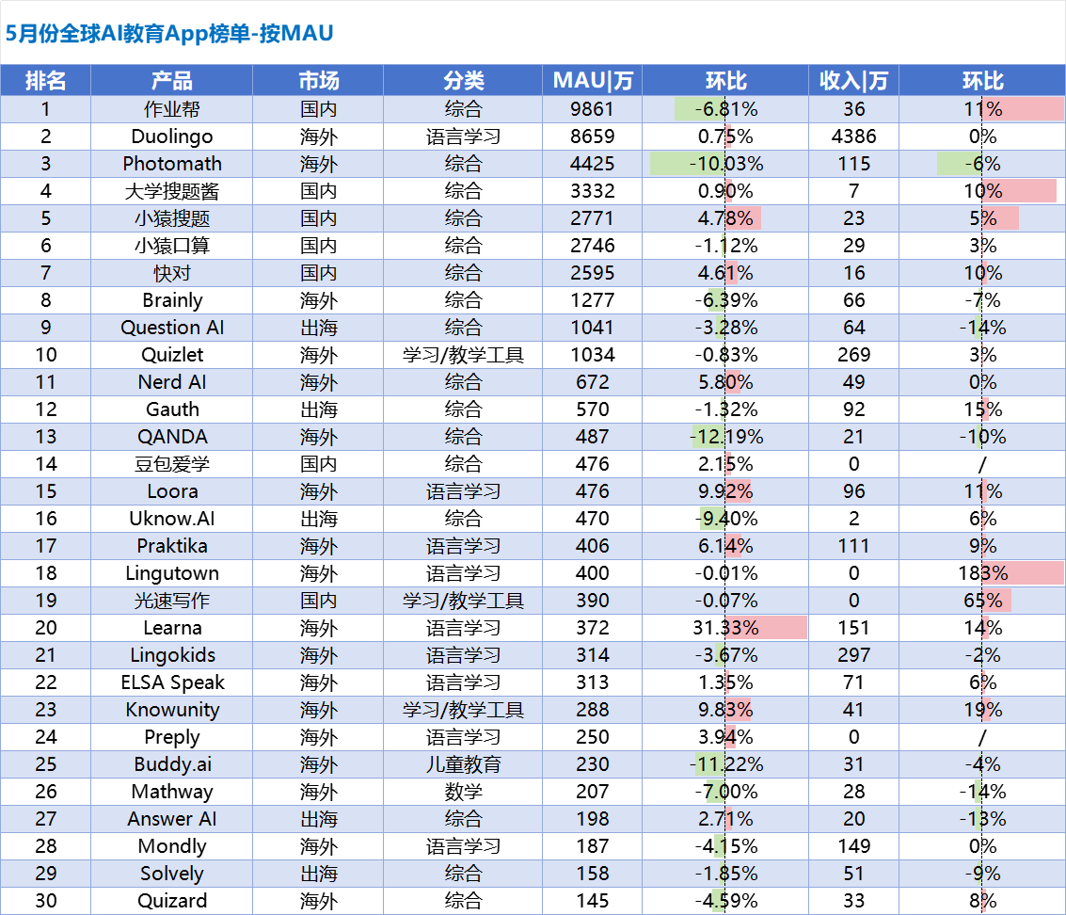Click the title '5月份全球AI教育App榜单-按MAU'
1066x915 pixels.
(x=169, y=34)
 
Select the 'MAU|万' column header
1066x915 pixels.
(x=592, y=81)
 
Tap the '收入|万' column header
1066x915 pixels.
(x=853, y=81)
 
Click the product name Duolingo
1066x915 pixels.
(x=172, y=136)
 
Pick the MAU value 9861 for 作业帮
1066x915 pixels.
(x=592, y=109)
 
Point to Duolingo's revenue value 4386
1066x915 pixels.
(x=853, y=136)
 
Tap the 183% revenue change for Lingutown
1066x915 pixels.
(x=982, y=573)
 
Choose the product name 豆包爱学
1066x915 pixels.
(x=172, y=464)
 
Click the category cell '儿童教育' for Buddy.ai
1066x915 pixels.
(x=463, y=764)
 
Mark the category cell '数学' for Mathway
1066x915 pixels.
(x=463, y=792)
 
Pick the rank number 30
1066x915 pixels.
(x=45, y=901)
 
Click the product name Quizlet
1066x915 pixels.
(x=172, y=355)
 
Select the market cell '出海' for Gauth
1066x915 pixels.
(x=318, y=409)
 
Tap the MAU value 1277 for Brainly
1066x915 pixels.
(x=592, y=300)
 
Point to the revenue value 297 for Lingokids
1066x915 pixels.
(x=853, y=655)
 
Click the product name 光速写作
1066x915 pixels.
(x=172, y=601)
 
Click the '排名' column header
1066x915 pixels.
(x=45, y=81)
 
